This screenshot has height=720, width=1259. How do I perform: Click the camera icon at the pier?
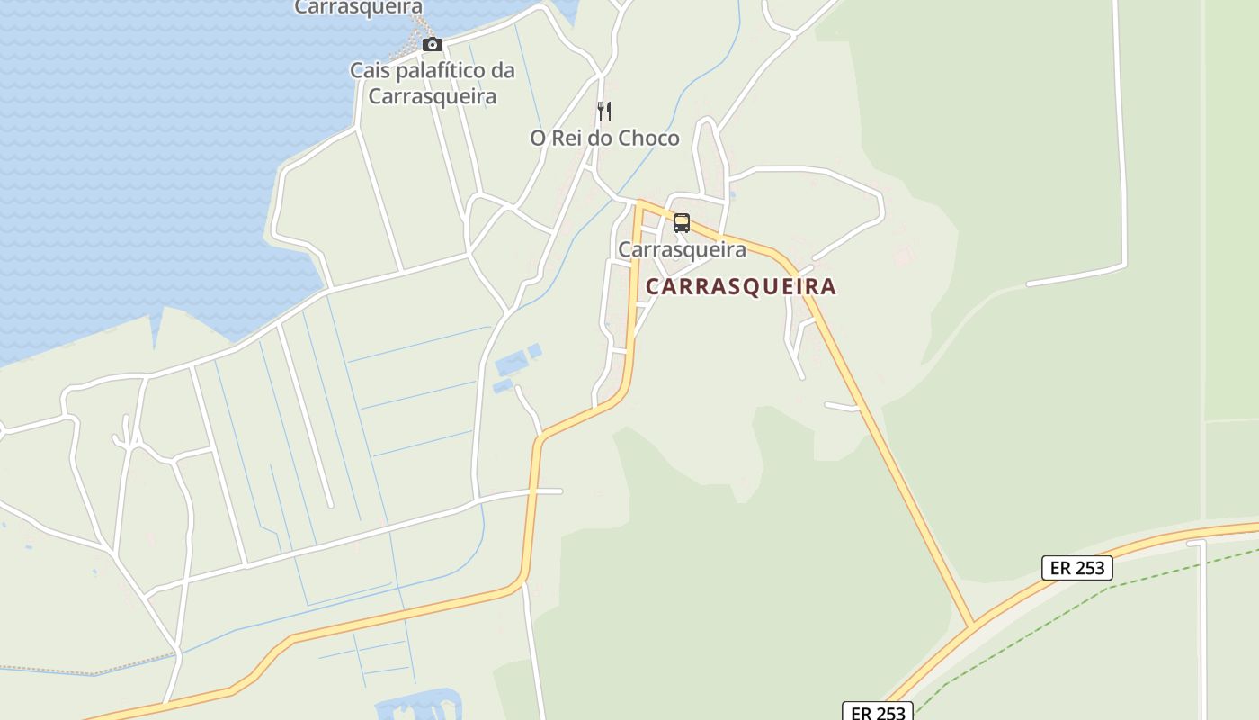tap(433, 44)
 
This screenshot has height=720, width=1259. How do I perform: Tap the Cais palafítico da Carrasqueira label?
tap(433, 83)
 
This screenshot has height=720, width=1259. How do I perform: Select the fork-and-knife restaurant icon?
tap(604, 112)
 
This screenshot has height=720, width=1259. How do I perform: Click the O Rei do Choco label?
tap(604, 139)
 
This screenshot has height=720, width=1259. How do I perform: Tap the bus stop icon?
tap(682, 223)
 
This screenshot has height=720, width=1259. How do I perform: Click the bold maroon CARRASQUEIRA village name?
tap(741, 287)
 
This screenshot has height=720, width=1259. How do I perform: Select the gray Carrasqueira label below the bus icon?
tap(682, 249)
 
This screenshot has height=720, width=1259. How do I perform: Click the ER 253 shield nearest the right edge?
tap(1077, 568)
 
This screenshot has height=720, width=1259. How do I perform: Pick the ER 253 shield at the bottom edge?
tap(878, 712)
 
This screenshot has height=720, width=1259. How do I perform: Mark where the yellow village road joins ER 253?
tap(973, 624)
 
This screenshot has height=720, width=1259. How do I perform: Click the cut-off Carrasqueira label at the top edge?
tap(359, 7)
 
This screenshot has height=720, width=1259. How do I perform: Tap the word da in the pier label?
tap(503, 70)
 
